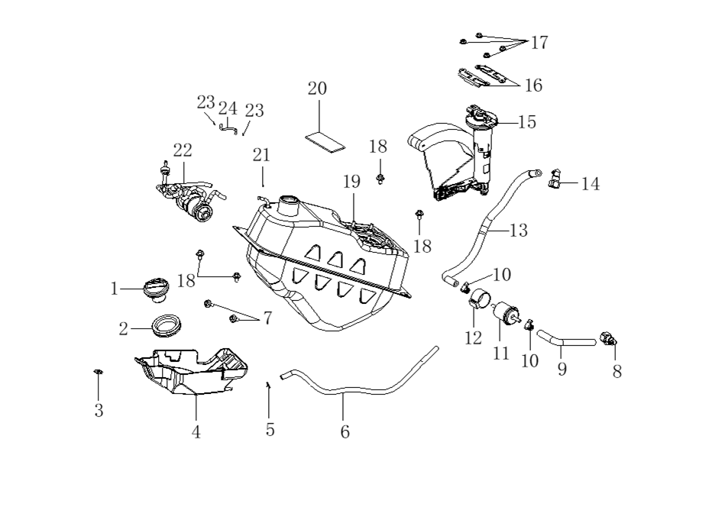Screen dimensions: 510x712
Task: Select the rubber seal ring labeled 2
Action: tap(166, 325)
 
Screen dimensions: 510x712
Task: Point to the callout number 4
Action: tap(196, 431)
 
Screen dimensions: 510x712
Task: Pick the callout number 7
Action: tap(267, 318)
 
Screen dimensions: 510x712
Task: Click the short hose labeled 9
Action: tap(566, 337)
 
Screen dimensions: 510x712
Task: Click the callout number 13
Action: tap(519, 230)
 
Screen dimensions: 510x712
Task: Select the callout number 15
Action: tap(527, 122)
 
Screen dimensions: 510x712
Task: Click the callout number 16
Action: tap(533, 86)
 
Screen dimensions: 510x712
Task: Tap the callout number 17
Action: tap(539, 43)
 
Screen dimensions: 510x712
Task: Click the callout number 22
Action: tap(183, 150)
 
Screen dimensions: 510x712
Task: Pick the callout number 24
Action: tap(228, 108)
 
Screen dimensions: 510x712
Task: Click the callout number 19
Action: tap(351, 182)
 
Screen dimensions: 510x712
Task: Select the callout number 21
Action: tap(261, 155)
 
